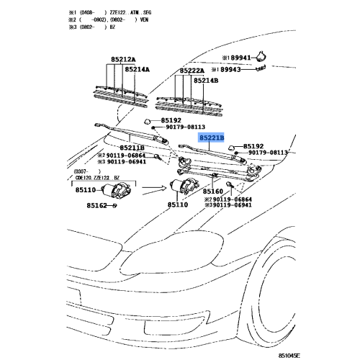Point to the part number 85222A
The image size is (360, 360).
click(x=192, y=71)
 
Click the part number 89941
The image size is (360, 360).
click(x=238, y=57)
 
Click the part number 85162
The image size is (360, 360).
click(x=91, y=206)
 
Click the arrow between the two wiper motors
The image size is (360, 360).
click(x=148, y=191)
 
